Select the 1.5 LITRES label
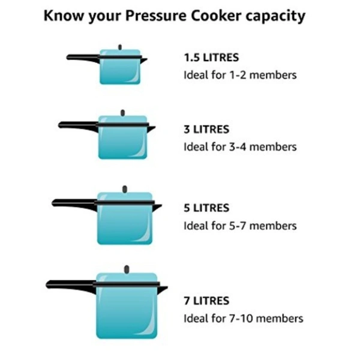(x=211, y=58)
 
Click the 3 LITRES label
(x=206, y=129)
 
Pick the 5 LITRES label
(x=206, y=208)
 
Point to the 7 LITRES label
(x=206, y=301)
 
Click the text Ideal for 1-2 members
(x=240, y=75)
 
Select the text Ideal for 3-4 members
(x=240, y=146)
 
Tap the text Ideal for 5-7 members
(x=240, y=226)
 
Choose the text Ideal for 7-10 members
(x=243, y=318)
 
